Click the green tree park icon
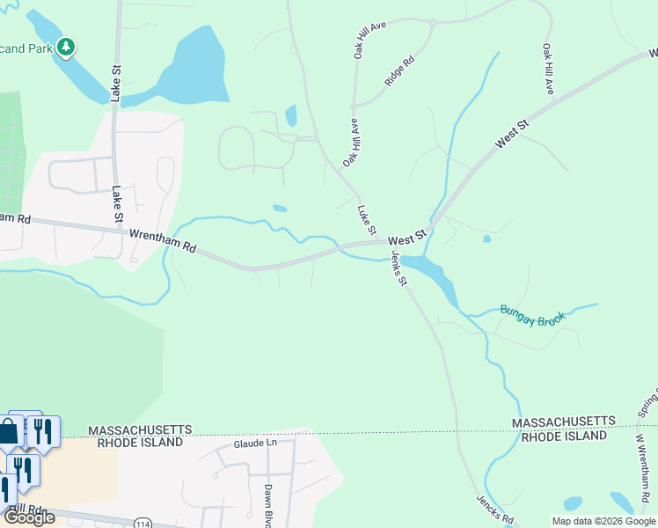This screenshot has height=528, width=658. (x=66, y=47)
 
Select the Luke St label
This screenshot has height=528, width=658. (x=367, y=221)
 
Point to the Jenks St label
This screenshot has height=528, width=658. (x=399, y=268)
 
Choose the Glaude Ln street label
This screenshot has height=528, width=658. (x=254, y=444)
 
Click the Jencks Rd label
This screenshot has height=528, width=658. (x=494, y=510)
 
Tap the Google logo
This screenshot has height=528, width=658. (x=28, y=517)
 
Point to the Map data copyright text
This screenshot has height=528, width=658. (x=603, y=521)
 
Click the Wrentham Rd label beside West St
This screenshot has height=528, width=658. (x=163, y=241)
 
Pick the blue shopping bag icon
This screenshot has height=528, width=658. (x=8, y=432)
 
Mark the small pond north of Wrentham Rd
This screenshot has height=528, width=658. (x=280, y=209)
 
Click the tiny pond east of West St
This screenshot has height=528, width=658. (x=486, y=238)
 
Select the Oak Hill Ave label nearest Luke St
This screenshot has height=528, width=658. (x=350, y=143)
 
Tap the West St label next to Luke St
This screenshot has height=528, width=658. (x=406, y=238)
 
